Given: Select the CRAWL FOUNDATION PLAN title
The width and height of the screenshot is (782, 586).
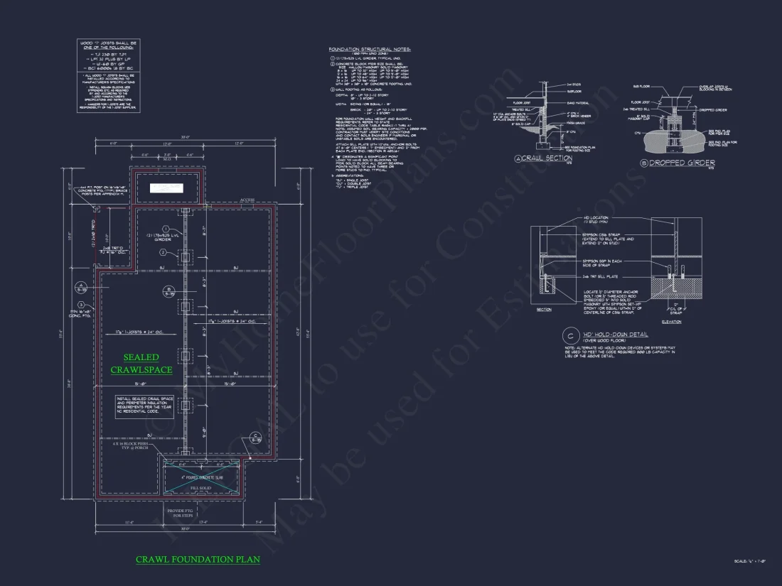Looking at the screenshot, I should [x=198, y=560].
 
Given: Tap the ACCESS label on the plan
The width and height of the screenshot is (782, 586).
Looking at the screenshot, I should [x=248, y=201].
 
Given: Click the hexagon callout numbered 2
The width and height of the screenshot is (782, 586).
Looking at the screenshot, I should [x=163, y=252].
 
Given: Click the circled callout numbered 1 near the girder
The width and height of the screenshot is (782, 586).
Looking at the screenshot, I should [x=165, y=228].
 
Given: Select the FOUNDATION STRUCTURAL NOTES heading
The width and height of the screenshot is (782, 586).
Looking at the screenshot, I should [x=370, y=49].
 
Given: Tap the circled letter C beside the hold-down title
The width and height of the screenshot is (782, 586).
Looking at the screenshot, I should [x=569, y=336].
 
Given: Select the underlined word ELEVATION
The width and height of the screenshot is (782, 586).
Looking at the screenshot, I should [x=670, y=322].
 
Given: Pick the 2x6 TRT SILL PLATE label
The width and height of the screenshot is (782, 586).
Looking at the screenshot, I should [x=599, y=276].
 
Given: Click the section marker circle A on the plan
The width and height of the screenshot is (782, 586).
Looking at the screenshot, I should [x=81, y=287].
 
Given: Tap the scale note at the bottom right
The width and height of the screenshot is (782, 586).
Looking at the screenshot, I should [x=754, y=561].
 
